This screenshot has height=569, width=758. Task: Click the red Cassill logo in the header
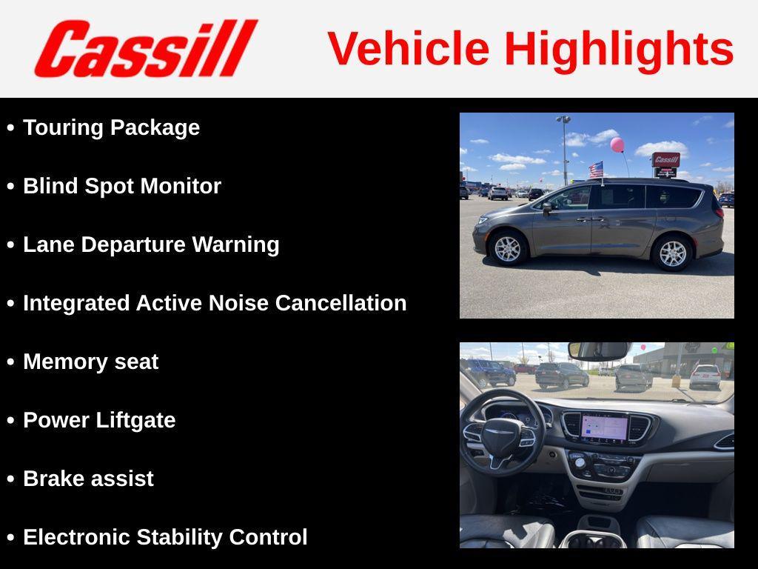point(146,49)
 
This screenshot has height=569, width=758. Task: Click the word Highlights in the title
point(619,49)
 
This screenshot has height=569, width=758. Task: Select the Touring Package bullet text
point(111,127)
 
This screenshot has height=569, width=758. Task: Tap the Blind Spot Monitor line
point(122,186)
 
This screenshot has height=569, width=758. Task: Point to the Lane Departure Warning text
point(151,244)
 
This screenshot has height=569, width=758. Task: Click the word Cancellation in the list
point(341,303)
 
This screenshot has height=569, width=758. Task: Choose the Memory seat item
point(90,362)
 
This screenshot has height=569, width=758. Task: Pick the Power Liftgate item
point(99,420)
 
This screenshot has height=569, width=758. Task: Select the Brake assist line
point(88,479)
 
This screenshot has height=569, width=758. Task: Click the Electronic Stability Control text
point(165,537)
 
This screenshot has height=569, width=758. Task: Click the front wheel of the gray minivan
point(508,249)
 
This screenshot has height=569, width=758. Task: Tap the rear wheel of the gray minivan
point(672,253)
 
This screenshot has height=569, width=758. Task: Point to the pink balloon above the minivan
point(617,144)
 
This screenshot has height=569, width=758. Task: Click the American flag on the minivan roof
point(596,170)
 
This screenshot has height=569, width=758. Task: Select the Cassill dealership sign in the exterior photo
point(665,160)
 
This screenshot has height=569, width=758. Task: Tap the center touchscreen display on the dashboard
point(604,428)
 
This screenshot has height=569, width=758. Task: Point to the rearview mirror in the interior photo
point(599,350)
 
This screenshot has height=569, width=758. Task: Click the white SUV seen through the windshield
point(705,376)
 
